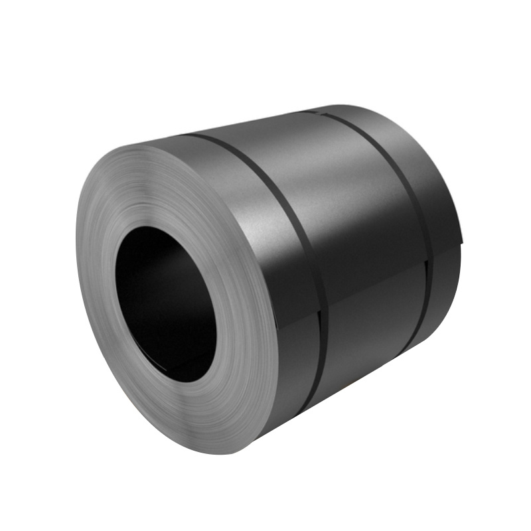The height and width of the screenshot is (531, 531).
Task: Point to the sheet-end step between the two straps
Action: click(x=372, y=279)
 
